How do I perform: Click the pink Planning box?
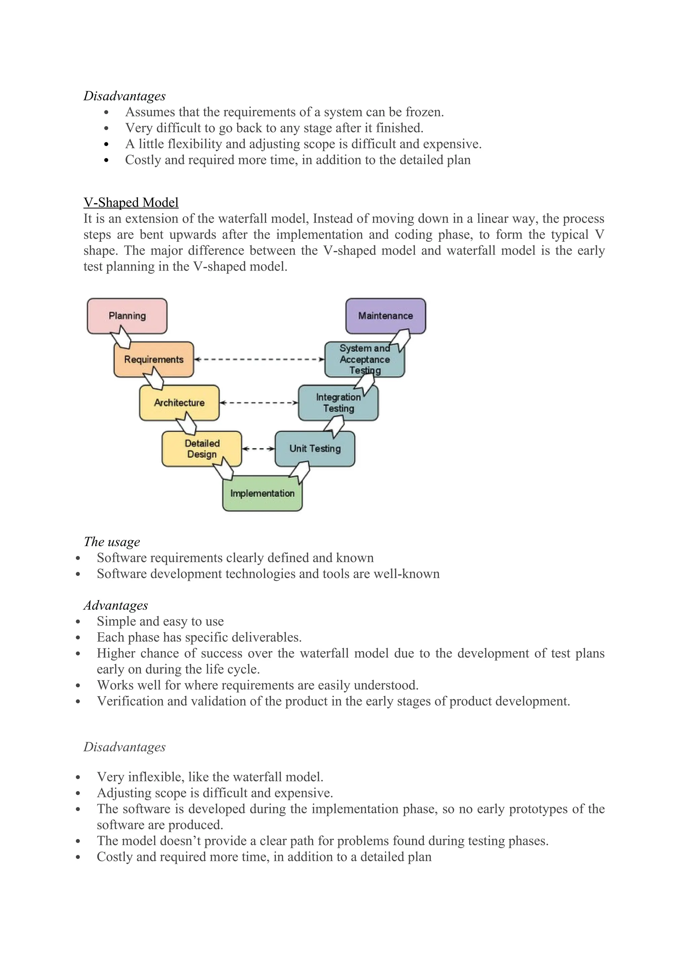click(127, 315)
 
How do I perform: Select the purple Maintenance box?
click(385, 315)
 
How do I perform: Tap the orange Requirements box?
click(154, 359)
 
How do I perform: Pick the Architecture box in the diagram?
click(179, 403)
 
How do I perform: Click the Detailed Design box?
click(202, 448)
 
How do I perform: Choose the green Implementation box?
click(262, 493)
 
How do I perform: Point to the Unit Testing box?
click(315, 448)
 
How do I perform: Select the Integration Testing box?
click(338, 403)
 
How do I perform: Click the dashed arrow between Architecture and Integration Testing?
click(259, 403)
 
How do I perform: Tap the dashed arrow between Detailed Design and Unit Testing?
click(258, 448)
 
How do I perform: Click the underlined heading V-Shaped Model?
click(131, 202)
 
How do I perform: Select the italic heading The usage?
click(112, 542)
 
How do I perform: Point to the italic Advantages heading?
click(115, 605)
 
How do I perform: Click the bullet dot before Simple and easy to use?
click(78, 622)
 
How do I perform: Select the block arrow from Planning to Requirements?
click(120, 337)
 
